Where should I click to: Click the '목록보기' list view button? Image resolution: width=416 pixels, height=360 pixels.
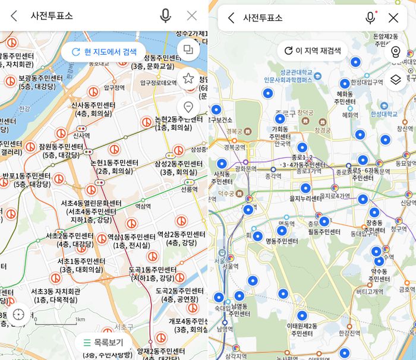[x=103, y=342]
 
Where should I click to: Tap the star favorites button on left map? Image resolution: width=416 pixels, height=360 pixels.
[x=188, y=78]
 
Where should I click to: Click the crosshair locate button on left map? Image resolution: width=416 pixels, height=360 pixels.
[x=18, y=314]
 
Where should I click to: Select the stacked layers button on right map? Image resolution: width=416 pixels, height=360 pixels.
[x=396, y=79]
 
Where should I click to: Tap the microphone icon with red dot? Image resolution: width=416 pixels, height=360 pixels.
[x=370, y=18]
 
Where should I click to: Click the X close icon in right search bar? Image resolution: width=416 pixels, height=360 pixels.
[x=393, y=18]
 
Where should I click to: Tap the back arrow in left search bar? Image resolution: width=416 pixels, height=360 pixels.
[x=14, y=16]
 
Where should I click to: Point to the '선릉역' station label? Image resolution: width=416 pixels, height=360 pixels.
[x=189, y=190]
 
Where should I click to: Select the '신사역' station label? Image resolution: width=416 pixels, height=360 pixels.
[x=81, y=135]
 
